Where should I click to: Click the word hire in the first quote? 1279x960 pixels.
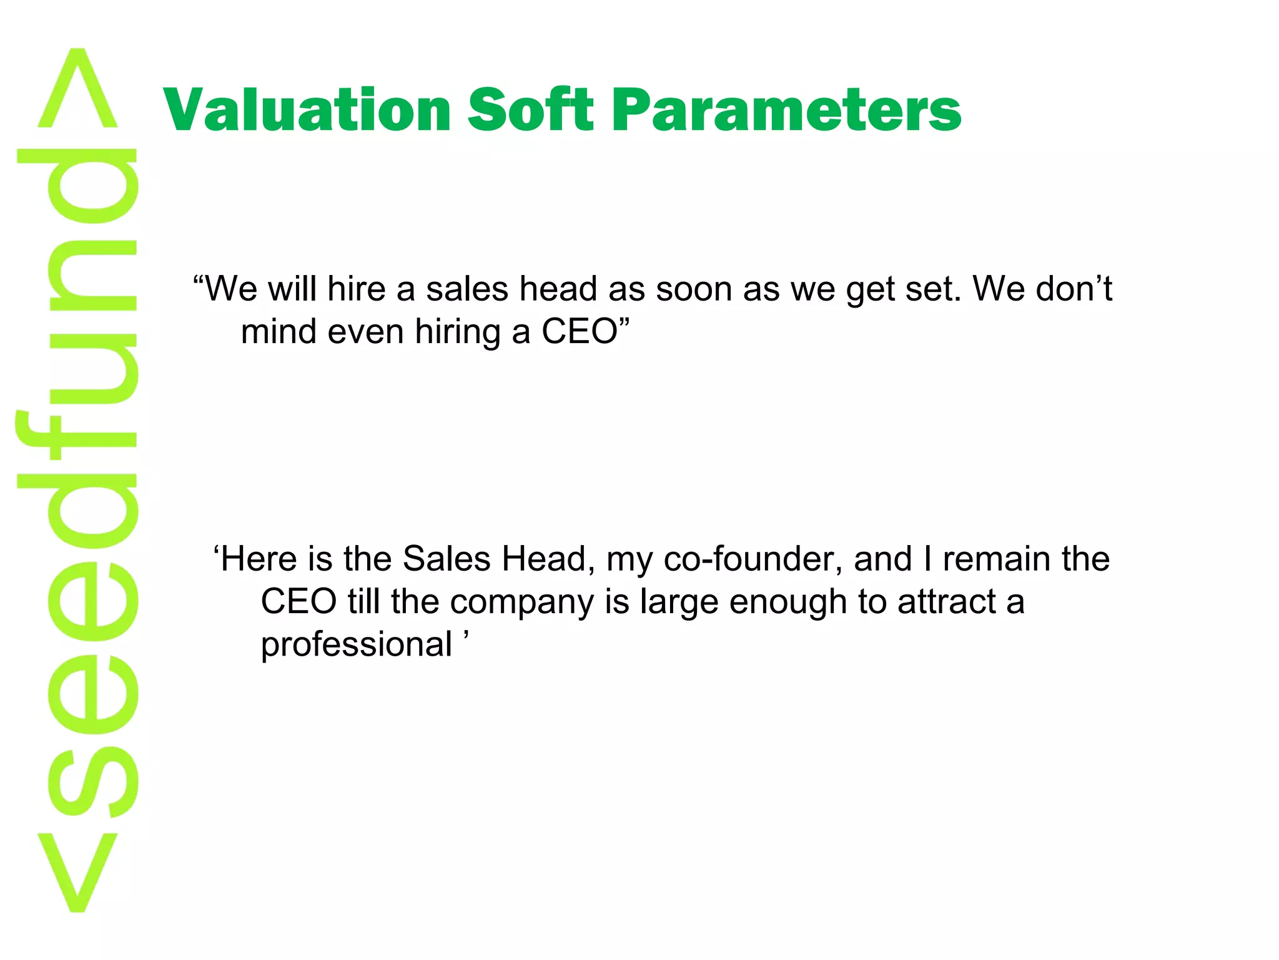point(356,289)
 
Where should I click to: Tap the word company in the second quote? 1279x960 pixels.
point(521,602)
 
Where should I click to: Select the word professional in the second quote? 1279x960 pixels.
point(356,645)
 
